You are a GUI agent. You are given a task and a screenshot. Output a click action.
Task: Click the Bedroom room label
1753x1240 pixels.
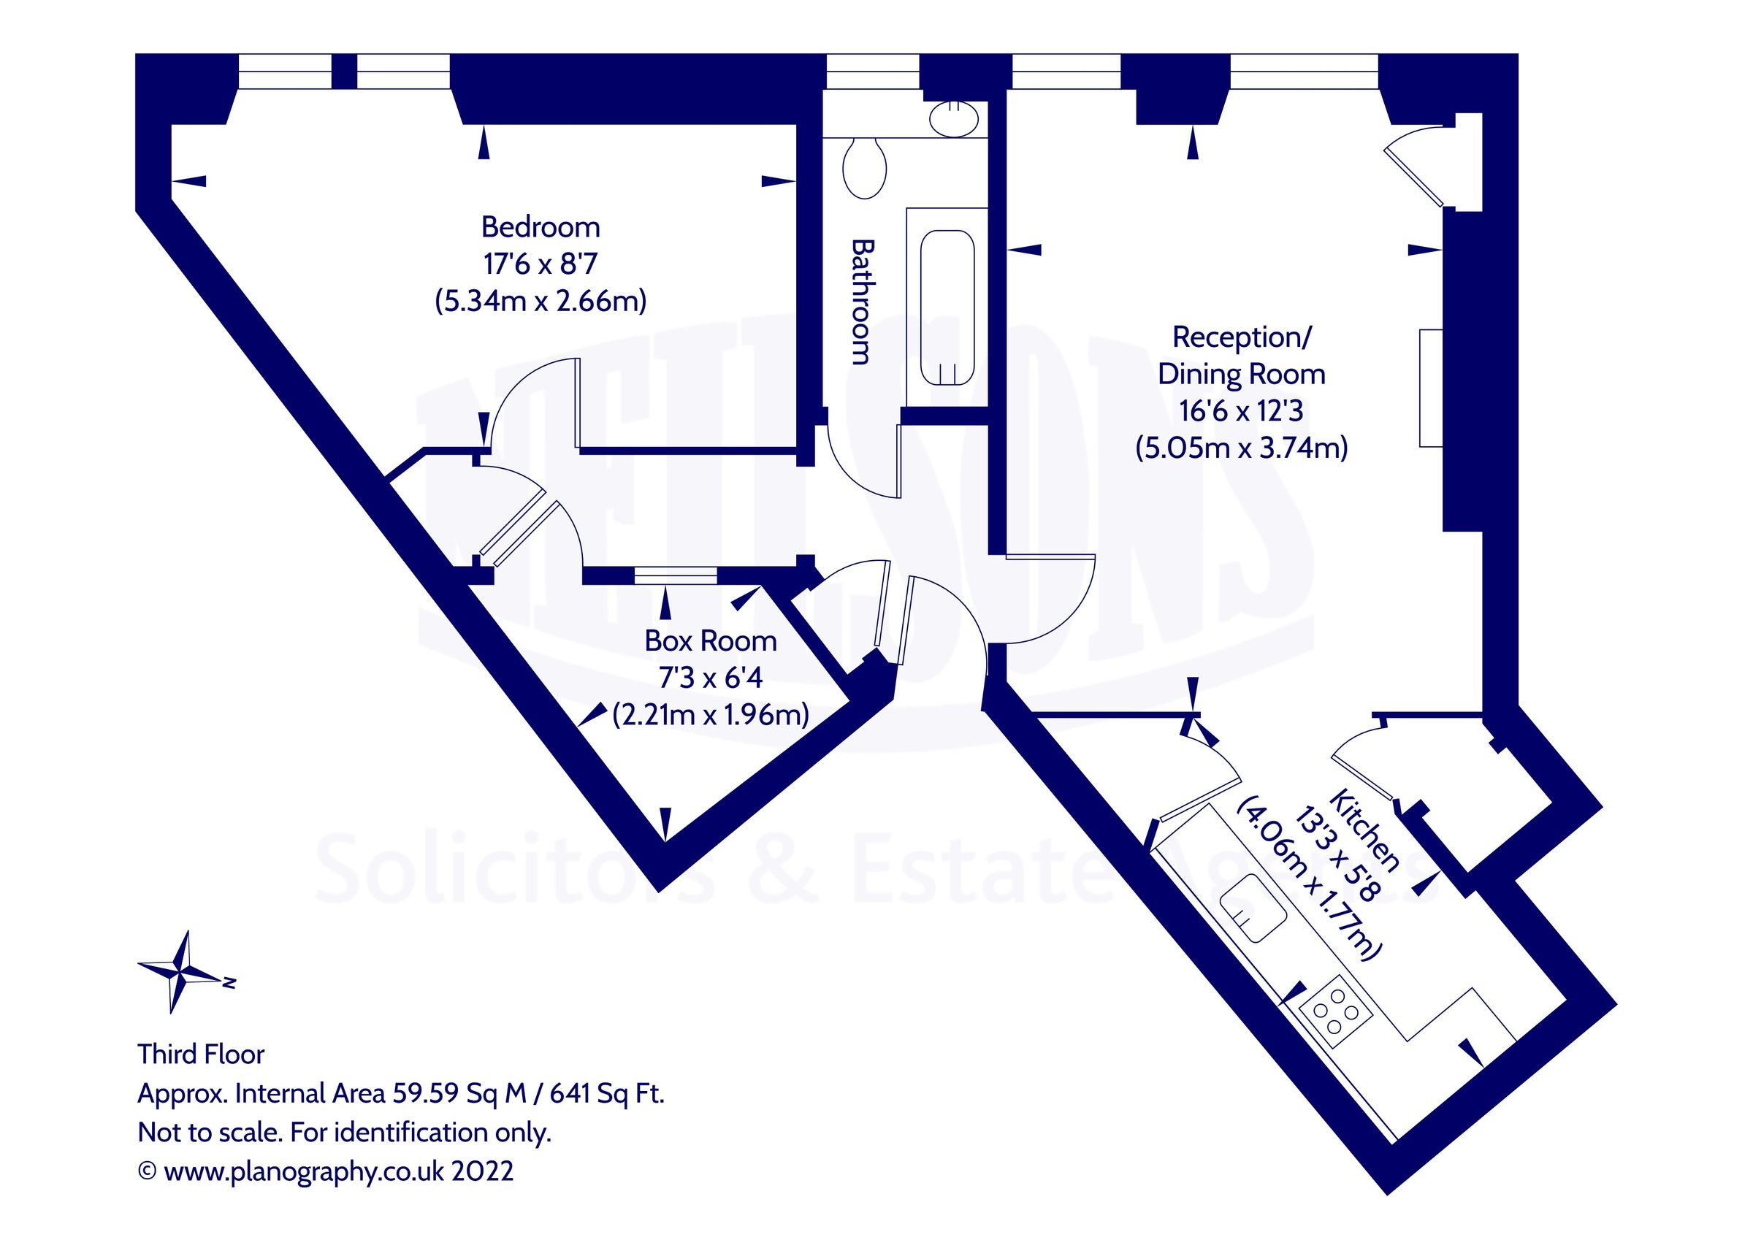[x=540, y=228]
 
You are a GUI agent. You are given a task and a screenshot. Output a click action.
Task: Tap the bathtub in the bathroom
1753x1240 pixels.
[x=947, y=307]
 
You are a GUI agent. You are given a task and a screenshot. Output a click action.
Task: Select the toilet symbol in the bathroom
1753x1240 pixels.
[x=864, y=167]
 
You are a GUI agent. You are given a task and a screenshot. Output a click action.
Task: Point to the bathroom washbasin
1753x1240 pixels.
[x=954, y=120]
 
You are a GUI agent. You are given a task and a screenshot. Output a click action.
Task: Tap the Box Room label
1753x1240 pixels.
[x=710, y=641]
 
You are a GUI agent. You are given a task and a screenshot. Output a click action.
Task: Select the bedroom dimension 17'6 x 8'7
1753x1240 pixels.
[x=540, y=264]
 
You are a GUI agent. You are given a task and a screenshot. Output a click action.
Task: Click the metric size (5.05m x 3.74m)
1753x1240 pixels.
[x=1242, y=448]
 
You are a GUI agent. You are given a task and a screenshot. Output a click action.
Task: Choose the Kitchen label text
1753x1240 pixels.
[x=1365, y=831]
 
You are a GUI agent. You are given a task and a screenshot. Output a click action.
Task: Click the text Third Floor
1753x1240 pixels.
[x=201, y=1055]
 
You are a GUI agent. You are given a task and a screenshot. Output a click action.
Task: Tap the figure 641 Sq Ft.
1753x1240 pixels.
[x=606, y=1094]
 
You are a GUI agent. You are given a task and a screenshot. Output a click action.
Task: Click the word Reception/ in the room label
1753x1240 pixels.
[x=1242, y=337]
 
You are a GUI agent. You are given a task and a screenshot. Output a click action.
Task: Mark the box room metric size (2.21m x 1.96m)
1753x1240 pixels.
[x=710, y=715]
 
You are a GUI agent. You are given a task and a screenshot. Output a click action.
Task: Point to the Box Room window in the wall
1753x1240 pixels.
[x=675, y=575]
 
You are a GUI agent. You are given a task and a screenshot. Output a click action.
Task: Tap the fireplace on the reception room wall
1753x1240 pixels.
[x=1430, y=388]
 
